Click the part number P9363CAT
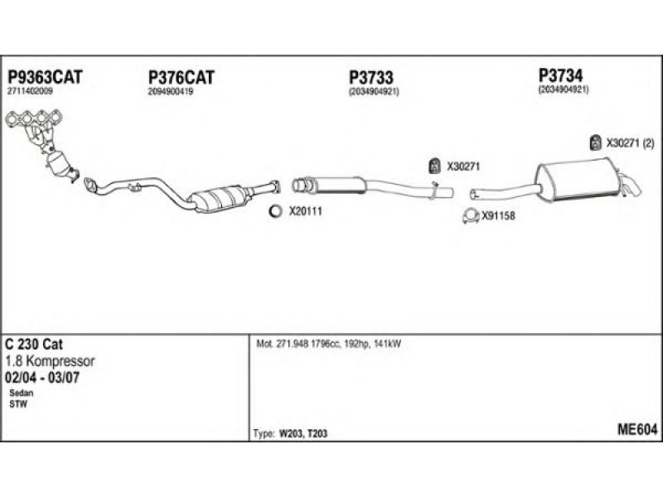click(46, 77)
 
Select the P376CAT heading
click(181, 78)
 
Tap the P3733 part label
click(370, 77)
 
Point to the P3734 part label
click(560, 75)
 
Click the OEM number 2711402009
click(30, 91)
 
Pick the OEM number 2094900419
click(171, 92)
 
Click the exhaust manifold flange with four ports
click(34, 118)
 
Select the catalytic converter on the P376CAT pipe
click(219, 198)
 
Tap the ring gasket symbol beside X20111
click(275, 211)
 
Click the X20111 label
click(305, 211)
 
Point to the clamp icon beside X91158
click(470, 216)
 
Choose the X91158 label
click(498, 216)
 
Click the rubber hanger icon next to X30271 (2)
click(595, 142)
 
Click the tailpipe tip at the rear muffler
click(632, 188)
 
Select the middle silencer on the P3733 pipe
click(337, 185)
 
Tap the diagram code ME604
click(637, 430)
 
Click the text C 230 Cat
click(34, 344)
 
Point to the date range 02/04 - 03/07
click(42, 378)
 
